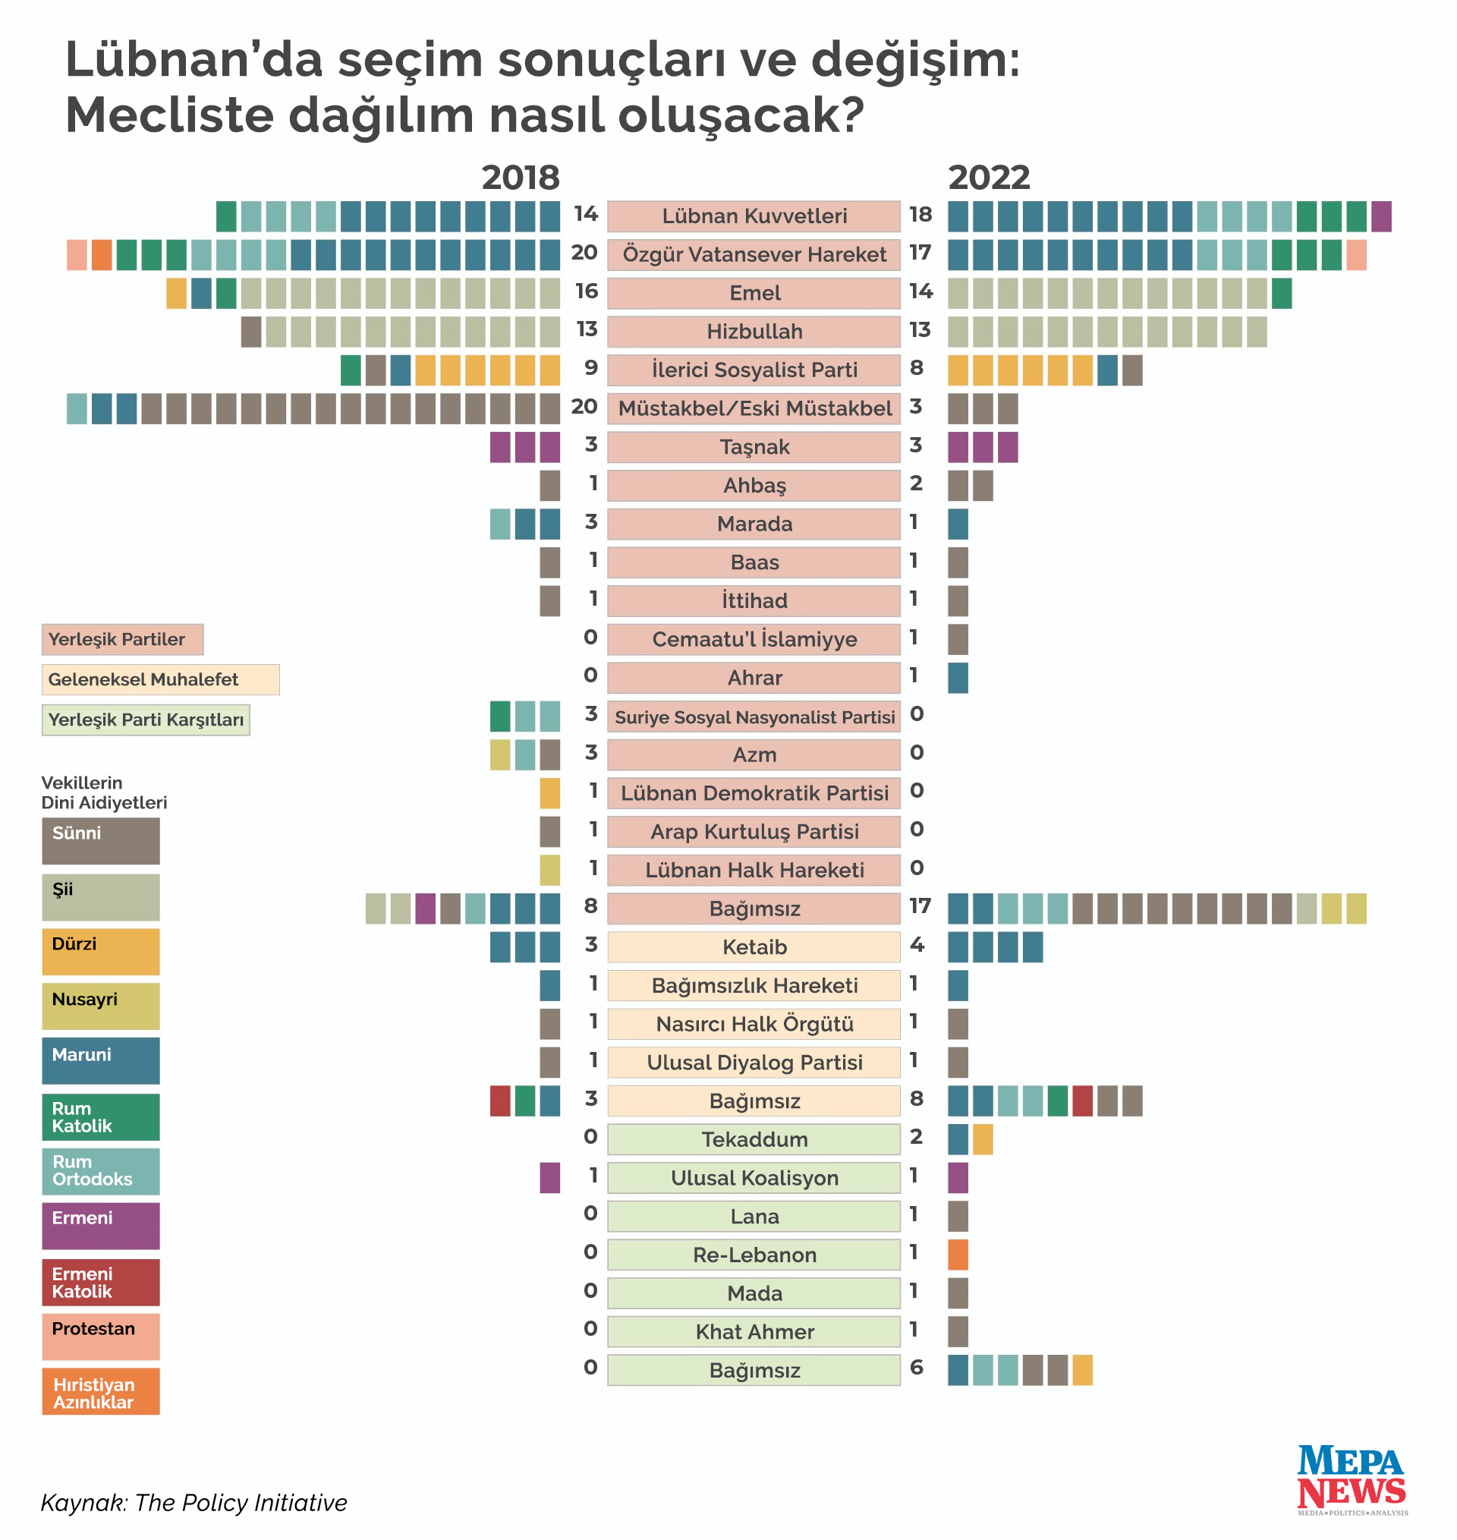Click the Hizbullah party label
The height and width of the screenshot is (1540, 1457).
tap(754, 332)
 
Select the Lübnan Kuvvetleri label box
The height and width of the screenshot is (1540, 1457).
tap(754, 216)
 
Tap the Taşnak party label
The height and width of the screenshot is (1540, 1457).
tap(754, 447)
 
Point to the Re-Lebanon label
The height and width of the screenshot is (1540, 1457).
tap(754, 1255)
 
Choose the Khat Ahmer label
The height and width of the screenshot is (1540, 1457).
tap(754, 1332)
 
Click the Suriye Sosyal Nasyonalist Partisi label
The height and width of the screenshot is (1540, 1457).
tap(754, 716)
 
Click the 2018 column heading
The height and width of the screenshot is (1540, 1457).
tap(521, 178)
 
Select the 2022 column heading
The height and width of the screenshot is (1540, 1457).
tap(989, 178)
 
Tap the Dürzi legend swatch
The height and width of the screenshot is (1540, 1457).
tap(101, 951)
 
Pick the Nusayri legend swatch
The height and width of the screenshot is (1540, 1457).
tap(101, 1006)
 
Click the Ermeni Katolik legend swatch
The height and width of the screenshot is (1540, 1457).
tap(101, 1282)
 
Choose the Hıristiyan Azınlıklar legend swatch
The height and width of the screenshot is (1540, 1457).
tap(101, 1392)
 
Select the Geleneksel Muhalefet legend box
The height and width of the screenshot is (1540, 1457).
tap(160, 679)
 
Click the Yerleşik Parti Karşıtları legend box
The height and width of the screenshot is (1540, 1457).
tap(145, 720)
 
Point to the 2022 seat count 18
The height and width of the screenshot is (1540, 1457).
tap(920, 214)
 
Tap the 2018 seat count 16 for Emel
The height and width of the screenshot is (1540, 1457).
tap(587, 291)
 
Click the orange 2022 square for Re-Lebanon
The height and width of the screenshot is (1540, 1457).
tap(958, 1255)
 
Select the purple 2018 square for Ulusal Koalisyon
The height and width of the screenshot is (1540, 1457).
tap(550, 1178)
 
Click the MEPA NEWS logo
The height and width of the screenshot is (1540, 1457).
tap(1352, 1479)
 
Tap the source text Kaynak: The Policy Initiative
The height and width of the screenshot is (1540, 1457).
tap(194, 1503)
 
